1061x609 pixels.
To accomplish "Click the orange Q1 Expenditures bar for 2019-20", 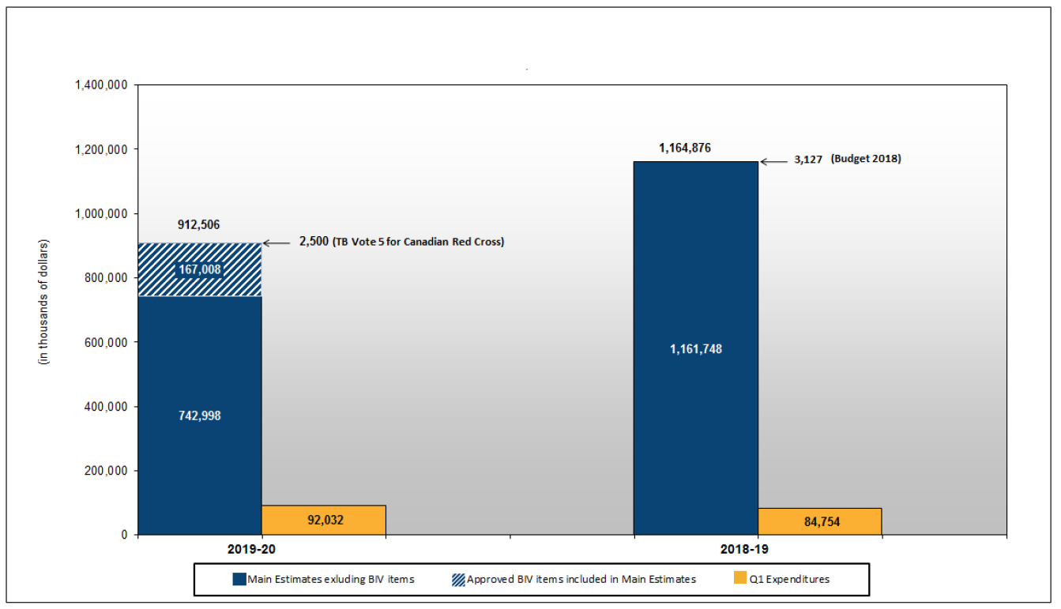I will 323,520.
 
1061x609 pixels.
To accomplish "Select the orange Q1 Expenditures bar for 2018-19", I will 819,521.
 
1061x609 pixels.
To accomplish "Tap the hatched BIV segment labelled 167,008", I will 200,270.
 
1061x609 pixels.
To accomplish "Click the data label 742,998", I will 200,415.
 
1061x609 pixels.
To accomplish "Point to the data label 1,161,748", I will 695,349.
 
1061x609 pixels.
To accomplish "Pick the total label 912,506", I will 200,225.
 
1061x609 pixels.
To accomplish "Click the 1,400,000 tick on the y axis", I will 102,85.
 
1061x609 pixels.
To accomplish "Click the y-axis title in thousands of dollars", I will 44,301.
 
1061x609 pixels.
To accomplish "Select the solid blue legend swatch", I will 239,579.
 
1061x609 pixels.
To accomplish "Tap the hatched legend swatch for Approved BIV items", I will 457,579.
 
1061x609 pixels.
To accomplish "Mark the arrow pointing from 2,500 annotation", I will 277,243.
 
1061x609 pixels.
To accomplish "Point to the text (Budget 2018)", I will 866,159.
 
